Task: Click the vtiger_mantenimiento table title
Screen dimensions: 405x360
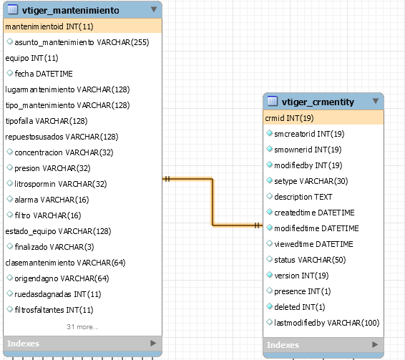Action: tap(71, 10)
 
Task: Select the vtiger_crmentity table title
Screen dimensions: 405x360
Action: tap(318, 102)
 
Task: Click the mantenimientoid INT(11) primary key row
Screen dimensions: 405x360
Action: tap(49, 26)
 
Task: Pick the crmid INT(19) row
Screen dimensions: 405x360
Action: tap(289, 118)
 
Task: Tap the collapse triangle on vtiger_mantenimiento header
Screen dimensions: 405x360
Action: tap(154, 9)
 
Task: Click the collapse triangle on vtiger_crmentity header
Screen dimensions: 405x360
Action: tap(376, 101)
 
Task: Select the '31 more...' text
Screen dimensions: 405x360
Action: tap(82, 326)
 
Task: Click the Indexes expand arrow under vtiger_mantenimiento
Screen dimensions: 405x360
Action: tap(153, 344)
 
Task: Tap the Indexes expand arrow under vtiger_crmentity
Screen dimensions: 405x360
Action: tap(375, 344)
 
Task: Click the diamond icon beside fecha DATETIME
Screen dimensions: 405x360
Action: tap(9, 73)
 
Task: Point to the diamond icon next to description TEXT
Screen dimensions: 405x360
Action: tap(269, 196)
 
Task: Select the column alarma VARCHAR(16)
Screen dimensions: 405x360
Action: tap(52, 200)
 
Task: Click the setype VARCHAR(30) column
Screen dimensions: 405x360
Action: tap(311, 181)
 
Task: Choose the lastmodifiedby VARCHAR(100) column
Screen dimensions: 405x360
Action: tap(327, 323)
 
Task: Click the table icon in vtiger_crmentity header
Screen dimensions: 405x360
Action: tap(273, 101)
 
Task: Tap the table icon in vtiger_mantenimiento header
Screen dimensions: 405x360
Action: tap(13, 9)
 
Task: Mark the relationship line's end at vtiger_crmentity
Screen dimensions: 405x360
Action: tap(263, 225)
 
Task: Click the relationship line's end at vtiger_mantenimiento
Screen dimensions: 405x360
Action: tap(163, 179)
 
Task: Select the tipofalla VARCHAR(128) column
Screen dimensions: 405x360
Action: tap(47, 121)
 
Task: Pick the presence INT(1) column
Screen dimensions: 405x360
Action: tap(303, 291)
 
